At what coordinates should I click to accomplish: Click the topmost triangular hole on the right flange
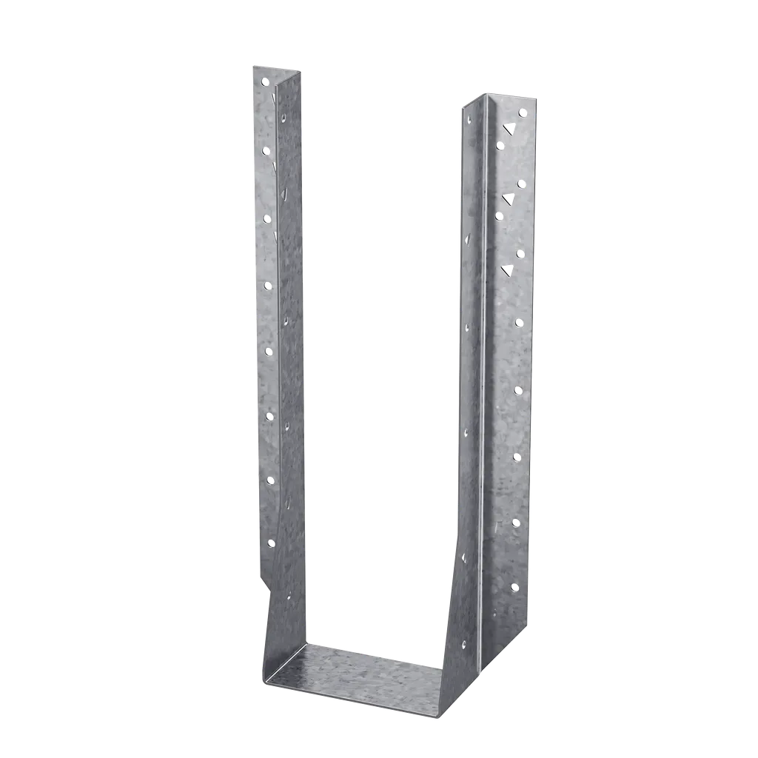(x=509, y=128)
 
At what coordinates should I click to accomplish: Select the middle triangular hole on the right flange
(x=509, y=198)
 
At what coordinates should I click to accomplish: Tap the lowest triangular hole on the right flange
(x=508, y=269)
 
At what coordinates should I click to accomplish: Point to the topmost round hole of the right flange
(x=522, y=113)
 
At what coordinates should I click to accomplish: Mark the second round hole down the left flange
(x=266, y=150)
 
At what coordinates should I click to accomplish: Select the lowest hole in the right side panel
(x=464, y=644)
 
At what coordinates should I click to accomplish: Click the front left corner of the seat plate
(x=264, y=681)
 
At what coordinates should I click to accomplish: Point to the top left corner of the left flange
(x=252, y=66)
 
